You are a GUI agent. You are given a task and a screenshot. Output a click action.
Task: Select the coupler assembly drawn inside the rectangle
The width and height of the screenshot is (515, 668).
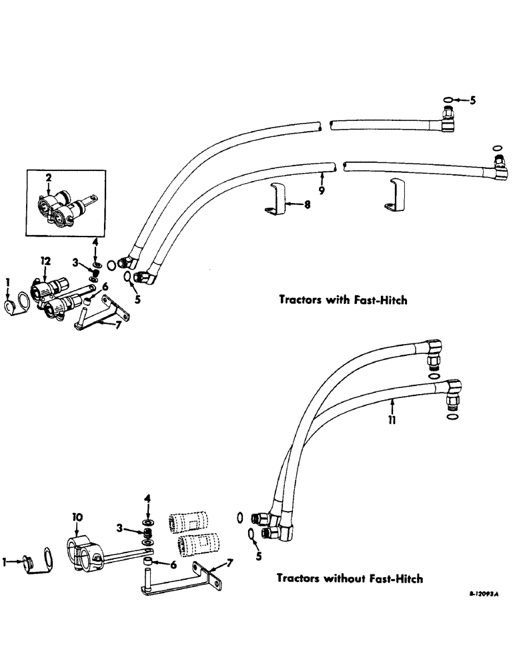63,205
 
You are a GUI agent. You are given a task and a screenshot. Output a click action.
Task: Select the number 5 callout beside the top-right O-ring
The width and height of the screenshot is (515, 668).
473,102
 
